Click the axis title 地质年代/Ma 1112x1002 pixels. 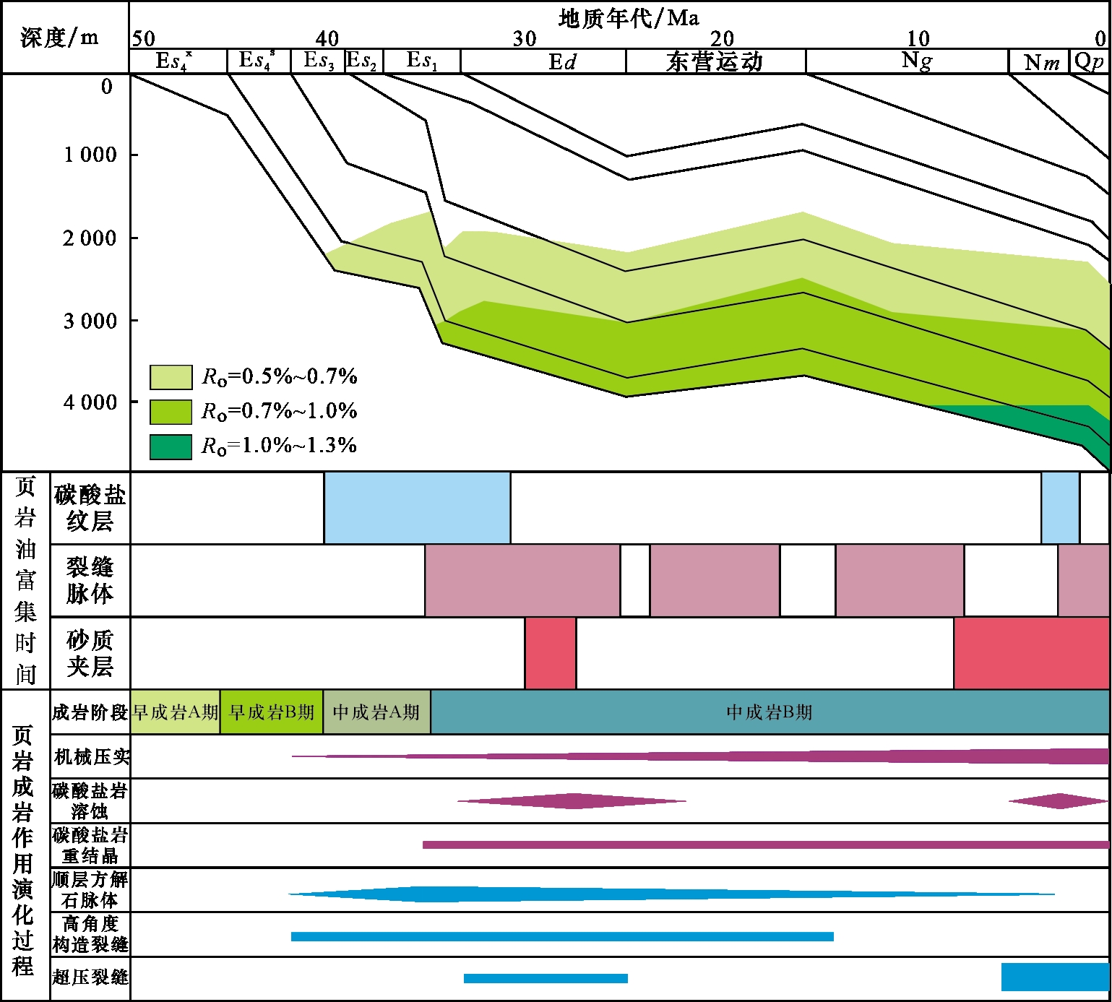click(x=628, y=17)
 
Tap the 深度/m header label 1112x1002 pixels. click(x=60, y=37)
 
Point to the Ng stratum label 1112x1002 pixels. click(x=916, y=61)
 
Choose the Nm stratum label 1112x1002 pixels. click(x=1041, y=63)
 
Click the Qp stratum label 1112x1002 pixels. click(x=1090, y=61)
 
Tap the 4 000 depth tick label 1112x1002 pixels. click(x=90, y=402)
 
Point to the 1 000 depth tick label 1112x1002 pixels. click(x=90, y=155)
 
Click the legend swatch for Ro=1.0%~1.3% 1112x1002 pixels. click(x=171, y=446)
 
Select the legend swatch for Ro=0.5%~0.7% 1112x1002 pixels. click(x=171, y=377)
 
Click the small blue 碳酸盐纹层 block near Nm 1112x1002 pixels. click(x=1060, y=508)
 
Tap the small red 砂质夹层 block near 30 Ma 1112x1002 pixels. click(x=551, y=653)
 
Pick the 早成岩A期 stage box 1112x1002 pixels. click(x=175, y=712)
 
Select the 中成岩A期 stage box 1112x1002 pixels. click(x=376, y=712)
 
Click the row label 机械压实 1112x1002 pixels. click(x=91, y=756)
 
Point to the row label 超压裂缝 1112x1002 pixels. click(x=90, y=977)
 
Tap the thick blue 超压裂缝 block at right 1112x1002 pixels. click(x=1054, y=977)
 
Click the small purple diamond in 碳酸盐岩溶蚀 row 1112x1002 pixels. click(x=1059, y=801)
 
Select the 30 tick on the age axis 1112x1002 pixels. click(x=525, y=38)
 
